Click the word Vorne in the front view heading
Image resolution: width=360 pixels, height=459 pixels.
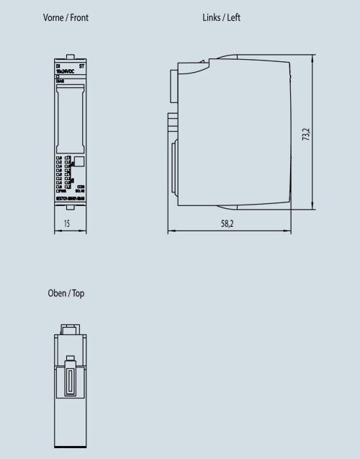click(x=54, y=17)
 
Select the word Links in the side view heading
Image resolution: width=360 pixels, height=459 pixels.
click(x=212, y=17)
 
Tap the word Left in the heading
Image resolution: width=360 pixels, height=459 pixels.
click(x=234, y=17)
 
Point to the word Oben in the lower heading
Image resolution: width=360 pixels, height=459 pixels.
click(x=58, y=293)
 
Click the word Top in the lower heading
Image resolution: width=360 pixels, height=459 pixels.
click(x=79, y=293)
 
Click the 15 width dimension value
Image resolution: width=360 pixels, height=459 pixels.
click(x=66, y=224)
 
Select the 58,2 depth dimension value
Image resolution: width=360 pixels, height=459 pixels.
click(x=227, y=224)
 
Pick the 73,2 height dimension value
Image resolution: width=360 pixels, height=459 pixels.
click(x=306, y=135)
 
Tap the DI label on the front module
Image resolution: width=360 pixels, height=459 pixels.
click(x=58, y=66)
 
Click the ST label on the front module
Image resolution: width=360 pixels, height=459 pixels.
click(x=81, y=66)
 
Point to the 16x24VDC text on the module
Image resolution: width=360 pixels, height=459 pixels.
click(x=64, y=71)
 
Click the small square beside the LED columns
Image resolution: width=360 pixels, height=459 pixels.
click(x=79, y=163)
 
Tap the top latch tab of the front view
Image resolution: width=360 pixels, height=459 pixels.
click(x=70, y=56)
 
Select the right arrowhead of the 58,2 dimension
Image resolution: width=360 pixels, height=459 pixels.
click(x=292, y=232)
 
